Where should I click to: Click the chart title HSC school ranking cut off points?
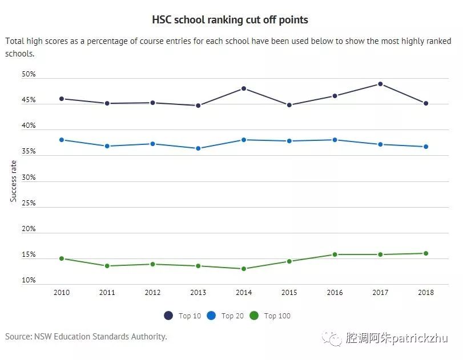(230, 20)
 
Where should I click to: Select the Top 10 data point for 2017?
(380, 84)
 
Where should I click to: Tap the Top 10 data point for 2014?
(244, 88)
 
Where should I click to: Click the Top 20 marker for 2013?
(198, 148)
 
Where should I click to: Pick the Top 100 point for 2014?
(244, 269)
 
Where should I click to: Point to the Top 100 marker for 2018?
(426, 253)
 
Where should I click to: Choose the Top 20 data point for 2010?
(62, 140)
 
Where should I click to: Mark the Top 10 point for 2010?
(62, 99)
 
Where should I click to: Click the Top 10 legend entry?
(183, 316)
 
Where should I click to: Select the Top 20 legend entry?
(226, 316)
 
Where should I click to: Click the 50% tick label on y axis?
(29, 75)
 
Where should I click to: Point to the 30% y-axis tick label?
(29, 177)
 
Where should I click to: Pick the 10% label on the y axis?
(29, 280)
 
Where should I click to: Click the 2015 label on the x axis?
(289, 293)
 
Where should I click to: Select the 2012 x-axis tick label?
(152, 293)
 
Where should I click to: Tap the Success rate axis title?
(13, 181)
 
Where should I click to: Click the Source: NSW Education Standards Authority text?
(86, 337)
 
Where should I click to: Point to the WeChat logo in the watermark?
(332, 338)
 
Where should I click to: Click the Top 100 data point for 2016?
(335, 254)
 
